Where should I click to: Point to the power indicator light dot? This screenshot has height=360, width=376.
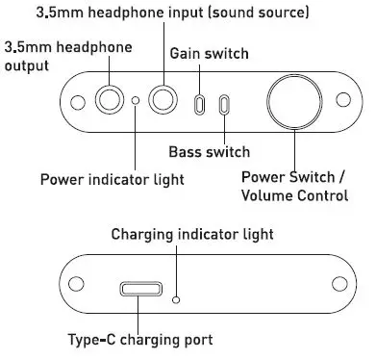(x=137, y=100)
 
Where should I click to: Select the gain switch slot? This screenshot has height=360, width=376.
(x=200, y=104)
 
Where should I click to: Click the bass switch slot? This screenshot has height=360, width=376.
(x=224, y=104)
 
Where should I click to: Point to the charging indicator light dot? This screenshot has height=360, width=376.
(x=176, y=300)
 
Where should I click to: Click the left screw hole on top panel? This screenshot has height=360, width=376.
(x=72, y=99)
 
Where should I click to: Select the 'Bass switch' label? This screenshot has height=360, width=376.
(x=209, y=152)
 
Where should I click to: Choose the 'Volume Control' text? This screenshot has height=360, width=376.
(x=293, y=196)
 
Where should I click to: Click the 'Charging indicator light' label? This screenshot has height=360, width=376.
(x=192, y=234)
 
